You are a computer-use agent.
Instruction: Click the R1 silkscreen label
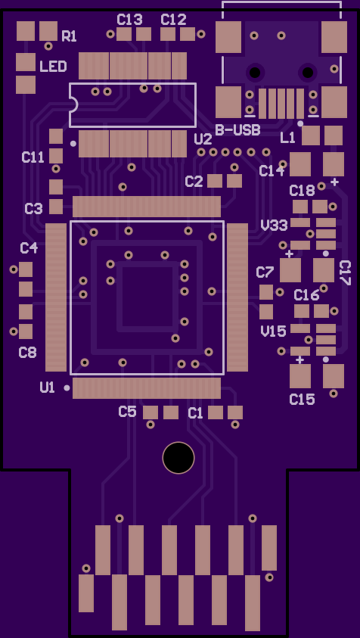tap(69, 36)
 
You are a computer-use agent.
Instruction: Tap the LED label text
tap(53, 67)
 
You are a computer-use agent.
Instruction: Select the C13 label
tap(130, 20)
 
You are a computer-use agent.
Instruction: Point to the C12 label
tap(174, 20)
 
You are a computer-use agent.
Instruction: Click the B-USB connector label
tap(238, 130)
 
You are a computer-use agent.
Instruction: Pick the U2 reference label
tap(203, 140)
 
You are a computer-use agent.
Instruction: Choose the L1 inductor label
tap(287, 138)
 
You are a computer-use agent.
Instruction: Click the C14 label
tap(272, 171)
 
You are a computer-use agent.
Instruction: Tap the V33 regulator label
tap(275, 225)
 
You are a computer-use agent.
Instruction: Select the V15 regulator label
tap(273, 331)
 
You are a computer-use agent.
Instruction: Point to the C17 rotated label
tap(345, 272)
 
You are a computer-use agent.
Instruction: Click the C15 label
tap(303, 400)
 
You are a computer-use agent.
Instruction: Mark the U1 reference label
tap(47, 387)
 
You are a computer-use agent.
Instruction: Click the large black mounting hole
tap(178, 458)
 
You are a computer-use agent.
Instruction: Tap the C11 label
tap(33, 157)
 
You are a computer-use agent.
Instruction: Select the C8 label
tap(28, 353)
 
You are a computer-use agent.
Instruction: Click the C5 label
tap(127, 412)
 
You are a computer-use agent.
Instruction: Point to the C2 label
tap(194, 182)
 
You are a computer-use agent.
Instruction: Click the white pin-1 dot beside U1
tap(67, 388)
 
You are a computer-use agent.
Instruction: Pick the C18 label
tap(302, 191)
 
